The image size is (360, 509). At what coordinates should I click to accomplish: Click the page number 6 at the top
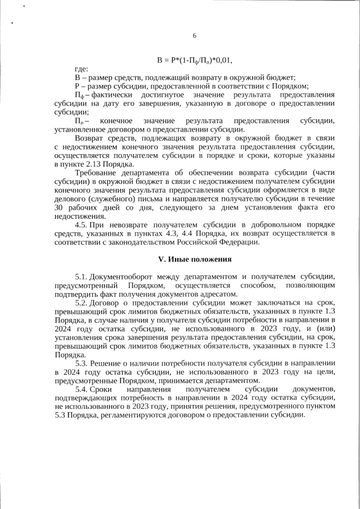[x=194, y=35]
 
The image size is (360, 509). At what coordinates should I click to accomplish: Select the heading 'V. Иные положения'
[x=195, y=260]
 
